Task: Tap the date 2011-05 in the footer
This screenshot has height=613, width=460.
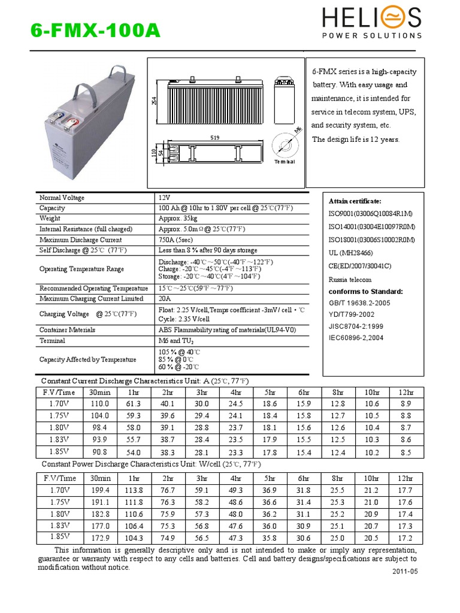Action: pyautogui.click(x=404, y=571)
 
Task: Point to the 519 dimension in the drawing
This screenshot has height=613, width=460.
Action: pyautogui.click(x=214, y=138)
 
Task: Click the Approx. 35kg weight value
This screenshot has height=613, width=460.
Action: pyautogui.click(x=178, y=219)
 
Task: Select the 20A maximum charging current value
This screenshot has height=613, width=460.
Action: pyautogui.click(x=165, y=298)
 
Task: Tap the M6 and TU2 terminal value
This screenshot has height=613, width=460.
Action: pyautogui.click(x=177, y=340)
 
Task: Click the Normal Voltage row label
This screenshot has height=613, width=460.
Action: pyautogui.click(x=62, y=198)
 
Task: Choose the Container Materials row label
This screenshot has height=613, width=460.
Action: pyautogui.click(x=67, y=330)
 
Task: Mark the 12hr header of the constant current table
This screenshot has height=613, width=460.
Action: pyautogui.click(x=405, y=392)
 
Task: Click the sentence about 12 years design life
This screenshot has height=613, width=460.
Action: pyautogui.click(x=356, y=139)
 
